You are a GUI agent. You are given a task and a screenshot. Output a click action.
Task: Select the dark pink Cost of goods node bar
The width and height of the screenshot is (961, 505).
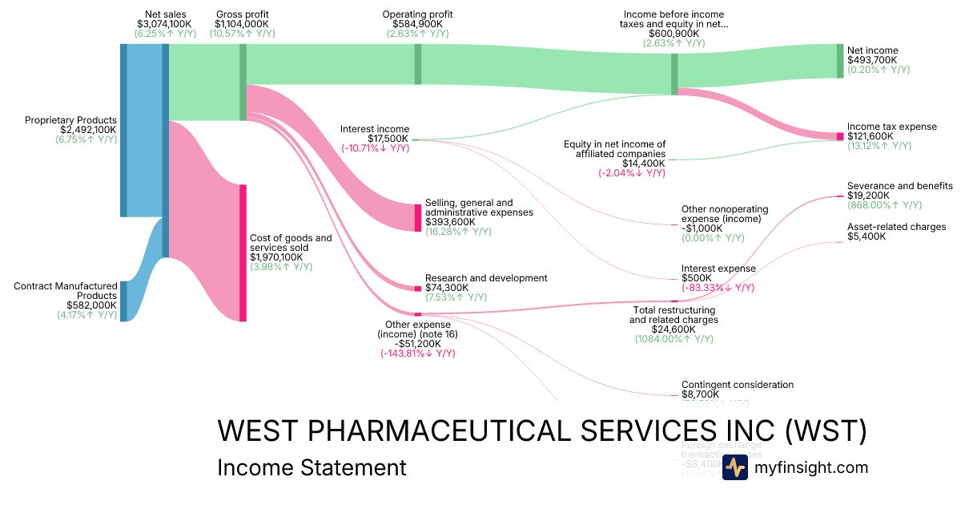243,252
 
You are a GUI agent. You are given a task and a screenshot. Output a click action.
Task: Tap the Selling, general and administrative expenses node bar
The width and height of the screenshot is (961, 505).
418,218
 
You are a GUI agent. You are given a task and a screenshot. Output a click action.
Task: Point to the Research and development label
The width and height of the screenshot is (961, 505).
486,278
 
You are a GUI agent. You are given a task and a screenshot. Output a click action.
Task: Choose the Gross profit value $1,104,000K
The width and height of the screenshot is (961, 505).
242,25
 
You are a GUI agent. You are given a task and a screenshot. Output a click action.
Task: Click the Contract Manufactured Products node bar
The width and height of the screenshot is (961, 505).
123,301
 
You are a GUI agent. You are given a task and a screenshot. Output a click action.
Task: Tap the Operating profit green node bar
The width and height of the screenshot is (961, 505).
418,64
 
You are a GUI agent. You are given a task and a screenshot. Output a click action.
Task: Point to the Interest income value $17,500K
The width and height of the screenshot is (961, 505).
388,139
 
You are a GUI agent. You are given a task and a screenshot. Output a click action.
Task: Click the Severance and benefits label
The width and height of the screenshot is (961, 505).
900,186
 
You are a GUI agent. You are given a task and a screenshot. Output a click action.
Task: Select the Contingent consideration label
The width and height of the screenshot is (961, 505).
738,385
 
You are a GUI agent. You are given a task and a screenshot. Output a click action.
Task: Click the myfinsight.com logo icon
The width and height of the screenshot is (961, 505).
735,467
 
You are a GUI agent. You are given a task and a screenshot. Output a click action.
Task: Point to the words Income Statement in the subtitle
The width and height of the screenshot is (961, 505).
312,467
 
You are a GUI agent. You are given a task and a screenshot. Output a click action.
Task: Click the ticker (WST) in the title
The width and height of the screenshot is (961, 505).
825,430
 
